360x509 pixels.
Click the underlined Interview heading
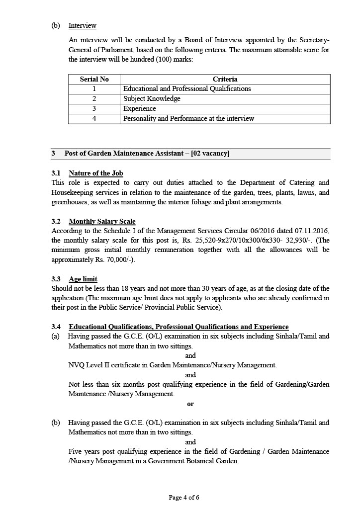click(x=82, y=25)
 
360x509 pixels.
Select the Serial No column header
click(x=94, y=79)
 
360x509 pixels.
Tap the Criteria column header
click(x=225, y=79)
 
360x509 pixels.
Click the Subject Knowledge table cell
click(x=152, y=98)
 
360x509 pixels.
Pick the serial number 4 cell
click(x=94, y=118)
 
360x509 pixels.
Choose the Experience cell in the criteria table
click(x=140, y=108)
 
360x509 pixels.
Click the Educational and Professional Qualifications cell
click(x=187, y=88)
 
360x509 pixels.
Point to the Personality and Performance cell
click(x=188, y=118)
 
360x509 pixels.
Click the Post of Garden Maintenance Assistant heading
click(x=147, y=154)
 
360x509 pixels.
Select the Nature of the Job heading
click(x=95, y=173)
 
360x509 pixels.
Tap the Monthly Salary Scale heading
click(x=102, y=221)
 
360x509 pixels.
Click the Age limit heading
click(x=83, y=279)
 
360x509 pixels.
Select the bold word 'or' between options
click(x=190, y=404)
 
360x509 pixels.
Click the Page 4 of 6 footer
click(x=184, y=497)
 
